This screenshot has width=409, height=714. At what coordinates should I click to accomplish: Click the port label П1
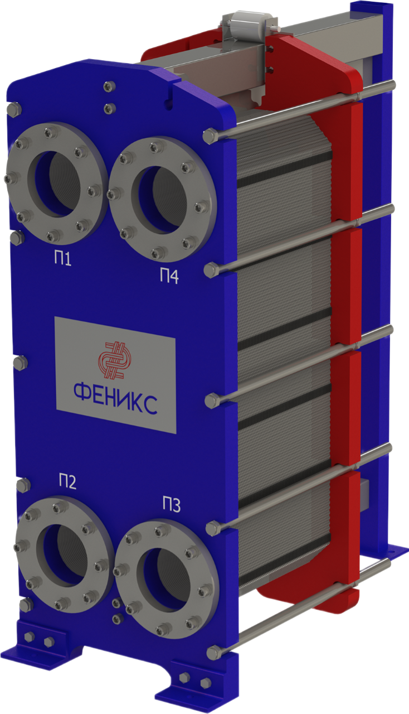62,258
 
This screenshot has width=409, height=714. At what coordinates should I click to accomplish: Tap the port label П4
169,276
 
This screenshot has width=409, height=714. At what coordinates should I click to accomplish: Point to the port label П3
172,504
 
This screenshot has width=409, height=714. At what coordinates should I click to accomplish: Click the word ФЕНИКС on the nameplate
115,398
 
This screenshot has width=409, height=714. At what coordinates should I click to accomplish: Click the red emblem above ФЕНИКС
114,360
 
